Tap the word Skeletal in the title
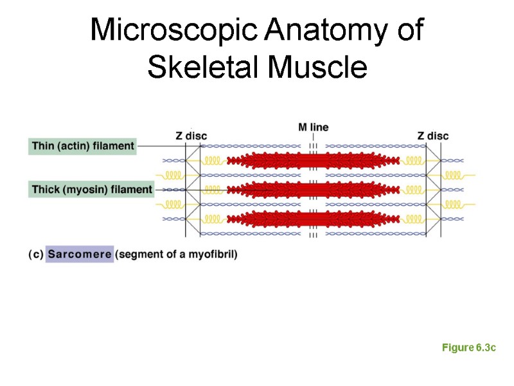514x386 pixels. (x=199, y=68)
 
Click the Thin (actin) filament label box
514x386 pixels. (x=83, y=146)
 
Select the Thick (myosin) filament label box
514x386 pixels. (x=92, y=189)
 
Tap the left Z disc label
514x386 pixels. (x=191, y=136)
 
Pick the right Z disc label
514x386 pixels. (x=432, y=136)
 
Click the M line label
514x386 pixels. (x=313, y=127)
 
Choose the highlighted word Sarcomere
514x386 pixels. (x=80, y=254)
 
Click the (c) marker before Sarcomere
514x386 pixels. (x=36, y=254)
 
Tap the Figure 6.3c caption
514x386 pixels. (x=469, y=347)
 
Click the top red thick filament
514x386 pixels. (x=313, y=160)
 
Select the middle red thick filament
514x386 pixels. (x=313, y=189)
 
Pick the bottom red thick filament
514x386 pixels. (x=313, y=219)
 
